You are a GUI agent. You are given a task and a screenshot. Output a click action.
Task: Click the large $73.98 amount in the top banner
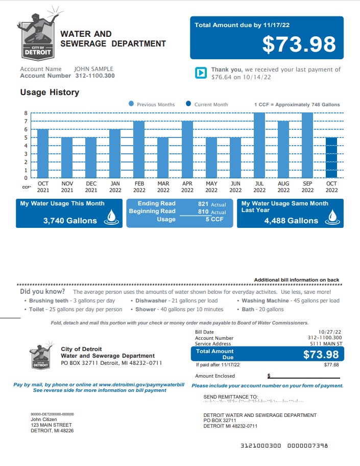299,44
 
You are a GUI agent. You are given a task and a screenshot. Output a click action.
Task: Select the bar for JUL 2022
259,146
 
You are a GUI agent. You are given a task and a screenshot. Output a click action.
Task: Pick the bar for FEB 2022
139,150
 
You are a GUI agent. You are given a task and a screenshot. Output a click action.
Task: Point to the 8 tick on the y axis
26,113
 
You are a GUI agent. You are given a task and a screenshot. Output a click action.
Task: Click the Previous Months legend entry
152,105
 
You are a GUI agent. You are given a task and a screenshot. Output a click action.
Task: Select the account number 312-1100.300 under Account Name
94,76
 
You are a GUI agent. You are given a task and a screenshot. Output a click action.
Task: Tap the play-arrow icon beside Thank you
201,73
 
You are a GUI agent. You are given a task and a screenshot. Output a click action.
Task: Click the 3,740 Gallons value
70,221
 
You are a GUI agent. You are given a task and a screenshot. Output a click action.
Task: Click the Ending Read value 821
203,204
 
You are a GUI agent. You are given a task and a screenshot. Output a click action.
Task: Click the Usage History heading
50,92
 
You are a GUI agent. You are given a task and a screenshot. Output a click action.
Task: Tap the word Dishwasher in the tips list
151,301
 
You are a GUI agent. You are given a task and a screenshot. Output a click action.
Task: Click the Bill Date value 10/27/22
330,332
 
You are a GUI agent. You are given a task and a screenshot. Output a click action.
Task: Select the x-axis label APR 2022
187,187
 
